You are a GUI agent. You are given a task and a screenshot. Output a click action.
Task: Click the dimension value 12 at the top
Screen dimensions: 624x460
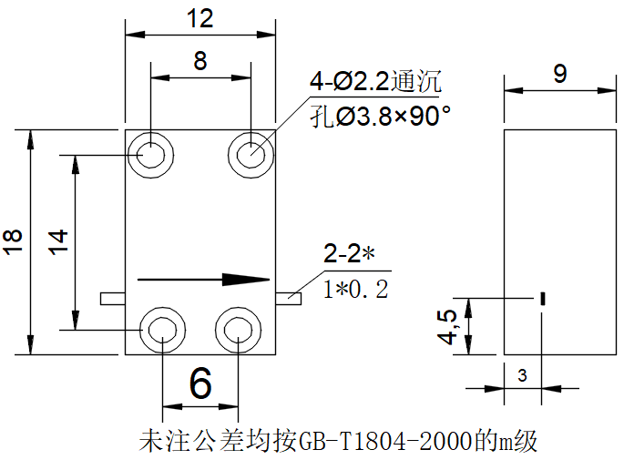pos(199,18)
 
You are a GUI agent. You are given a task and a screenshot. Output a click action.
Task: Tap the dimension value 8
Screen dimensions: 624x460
pos(200,61)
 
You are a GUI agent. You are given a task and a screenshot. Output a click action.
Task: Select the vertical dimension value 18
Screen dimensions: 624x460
pos(13,241)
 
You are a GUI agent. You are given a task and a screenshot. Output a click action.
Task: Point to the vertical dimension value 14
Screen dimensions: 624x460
pos(58,241)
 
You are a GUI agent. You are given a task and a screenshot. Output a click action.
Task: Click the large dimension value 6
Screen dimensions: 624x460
pos(200,383)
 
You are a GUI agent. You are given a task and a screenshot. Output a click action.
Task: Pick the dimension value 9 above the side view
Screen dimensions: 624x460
pos(560,74)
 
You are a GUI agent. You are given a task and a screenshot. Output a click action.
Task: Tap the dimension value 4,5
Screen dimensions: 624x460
pos(447,327)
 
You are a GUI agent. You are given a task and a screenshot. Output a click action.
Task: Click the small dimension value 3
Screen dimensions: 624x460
pos(522,375)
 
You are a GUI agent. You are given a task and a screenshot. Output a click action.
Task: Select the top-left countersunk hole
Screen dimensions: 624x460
pos(150,155)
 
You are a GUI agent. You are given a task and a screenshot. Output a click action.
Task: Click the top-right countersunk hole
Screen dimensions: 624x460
pos(251,155)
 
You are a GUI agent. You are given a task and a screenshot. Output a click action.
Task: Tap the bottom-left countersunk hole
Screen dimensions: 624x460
pos(162,331)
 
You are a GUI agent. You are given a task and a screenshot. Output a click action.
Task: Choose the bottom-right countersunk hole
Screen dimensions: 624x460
pos(238,331)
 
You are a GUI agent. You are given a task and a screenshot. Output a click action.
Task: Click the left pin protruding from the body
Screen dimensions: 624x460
pos(113,299)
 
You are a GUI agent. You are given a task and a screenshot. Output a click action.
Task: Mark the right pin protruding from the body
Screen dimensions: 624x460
pos(288,299)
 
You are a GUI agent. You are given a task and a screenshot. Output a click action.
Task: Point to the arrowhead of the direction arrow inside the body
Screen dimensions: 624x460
pos(246,280)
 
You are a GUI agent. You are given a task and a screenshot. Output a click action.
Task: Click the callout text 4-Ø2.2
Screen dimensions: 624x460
pos(349,82)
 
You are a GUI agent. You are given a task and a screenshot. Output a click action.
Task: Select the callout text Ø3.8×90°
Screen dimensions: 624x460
pos(393,117)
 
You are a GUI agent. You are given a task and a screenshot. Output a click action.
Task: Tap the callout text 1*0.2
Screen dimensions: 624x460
pos(356,290)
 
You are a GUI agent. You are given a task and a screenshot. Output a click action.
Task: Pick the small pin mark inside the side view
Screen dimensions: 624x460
pos(542,299)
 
